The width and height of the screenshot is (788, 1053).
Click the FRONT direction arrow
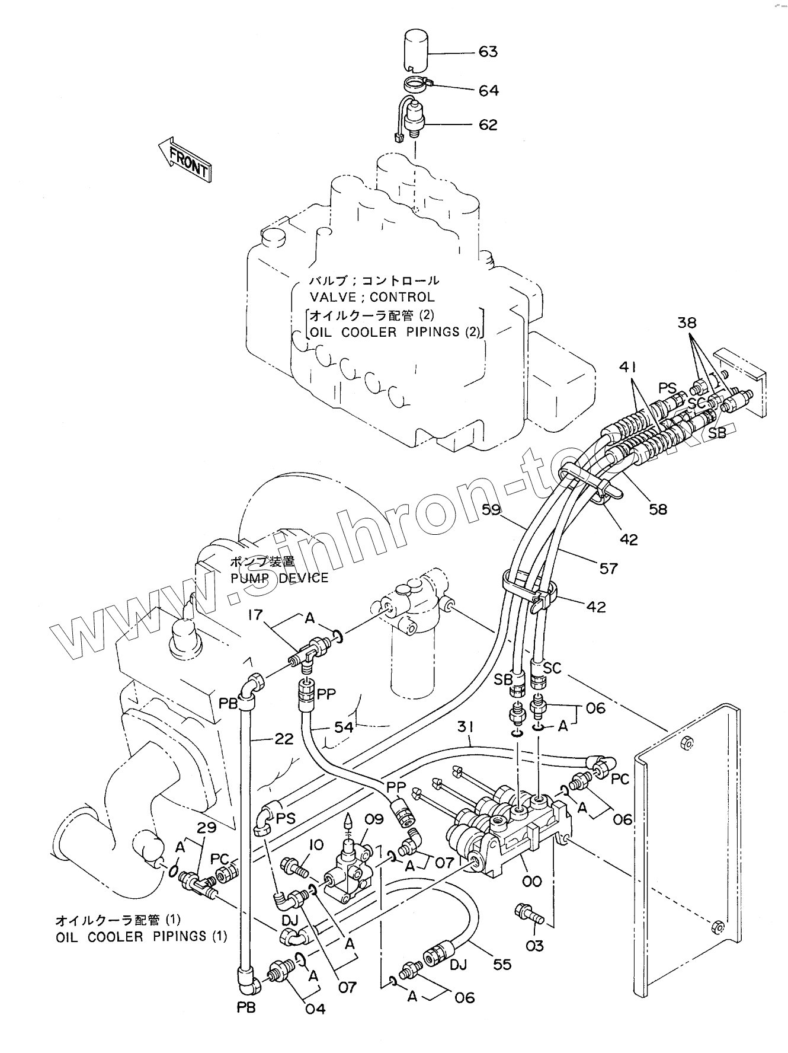tap(184, 159)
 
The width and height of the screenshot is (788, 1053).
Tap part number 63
tap(488, 52)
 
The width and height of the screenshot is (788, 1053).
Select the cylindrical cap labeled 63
tap(420, 52)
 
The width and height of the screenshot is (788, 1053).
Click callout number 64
tap(488, 91)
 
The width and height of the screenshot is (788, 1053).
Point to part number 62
tap(488, 125)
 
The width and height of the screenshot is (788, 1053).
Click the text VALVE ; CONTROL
tap(371, 297)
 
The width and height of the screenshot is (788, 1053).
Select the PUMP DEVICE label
tap(279, 577)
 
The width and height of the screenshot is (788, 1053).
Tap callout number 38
tap(687, 323)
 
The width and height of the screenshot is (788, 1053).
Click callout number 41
tap(631, 367)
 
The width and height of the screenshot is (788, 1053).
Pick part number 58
tap(658, 509)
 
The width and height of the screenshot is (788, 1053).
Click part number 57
tap(608, 568)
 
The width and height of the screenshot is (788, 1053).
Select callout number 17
tap(255, 615)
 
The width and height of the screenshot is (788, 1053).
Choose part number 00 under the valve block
tap(532, 881)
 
